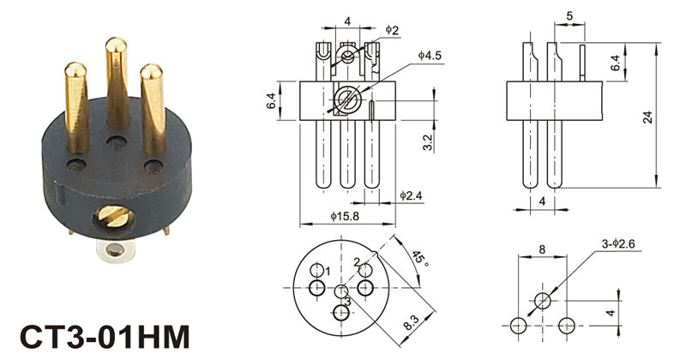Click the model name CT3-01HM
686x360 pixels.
click(x=105, y=336)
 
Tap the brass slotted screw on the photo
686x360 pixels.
click(x=113, y=217)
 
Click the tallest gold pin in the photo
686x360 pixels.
click(x=117, y=83)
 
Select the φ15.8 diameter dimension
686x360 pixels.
click(x=345, y=216)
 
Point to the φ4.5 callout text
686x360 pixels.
click(x=430, y=55)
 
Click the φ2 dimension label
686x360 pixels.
click(x=392, y=30)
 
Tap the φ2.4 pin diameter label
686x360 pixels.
click(x=412, y=195)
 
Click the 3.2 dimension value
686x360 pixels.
click(x=428, y=142)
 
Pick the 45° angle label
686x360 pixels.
click(x=419, y=258)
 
